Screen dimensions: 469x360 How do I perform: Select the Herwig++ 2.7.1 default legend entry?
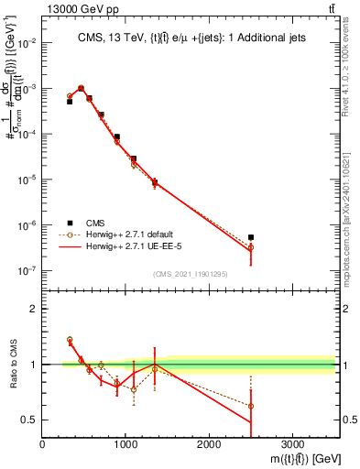[133, 234]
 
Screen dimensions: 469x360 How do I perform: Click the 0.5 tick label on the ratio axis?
[29, 420]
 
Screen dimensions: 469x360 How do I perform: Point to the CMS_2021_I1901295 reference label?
[190, 274]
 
